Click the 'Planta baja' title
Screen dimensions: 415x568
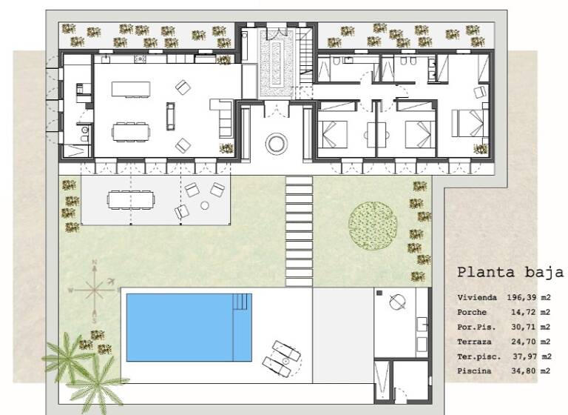coord(510,272)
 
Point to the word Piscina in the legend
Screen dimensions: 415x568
coord(473,370)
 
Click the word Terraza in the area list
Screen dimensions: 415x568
coord(473,341)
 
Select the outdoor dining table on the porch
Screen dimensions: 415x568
coord(132,199)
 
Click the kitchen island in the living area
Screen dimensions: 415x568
coord(131,89)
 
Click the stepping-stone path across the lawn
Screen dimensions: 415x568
coord(300,230)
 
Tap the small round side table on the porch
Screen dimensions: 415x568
coord(204,206)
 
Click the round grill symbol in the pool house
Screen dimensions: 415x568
coord(396,302)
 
